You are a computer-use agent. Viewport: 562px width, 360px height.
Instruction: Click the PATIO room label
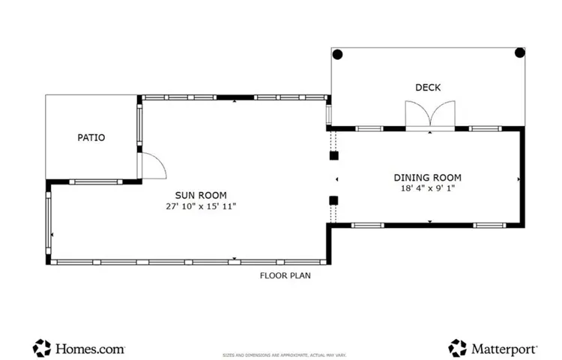91,138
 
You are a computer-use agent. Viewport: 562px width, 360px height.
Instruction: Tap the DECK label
428,88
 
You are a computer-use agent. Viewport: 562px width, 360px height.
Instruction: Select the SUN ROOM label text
201,196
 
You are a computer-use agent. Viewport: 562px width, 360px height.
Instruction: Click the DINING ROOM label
428,178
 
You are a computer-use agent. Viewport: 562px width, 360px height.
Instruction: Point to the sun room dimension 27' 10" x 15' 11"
201,206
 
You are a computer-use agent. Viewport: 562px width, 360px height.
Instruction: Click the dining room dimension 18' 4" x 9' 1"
428,188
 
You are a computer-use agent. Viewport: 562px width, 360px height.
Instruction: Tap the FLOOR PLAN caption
285,275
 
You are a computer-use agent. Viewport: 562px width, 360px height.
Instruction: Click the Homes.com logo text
90,349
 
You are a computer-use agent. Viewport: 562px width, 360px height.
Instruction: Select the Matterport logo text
504,349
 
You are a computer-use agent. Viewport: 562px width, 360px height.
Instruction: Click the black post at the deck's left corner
338,55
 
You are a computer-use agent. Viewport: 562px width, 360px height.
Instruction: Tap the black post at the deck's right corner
520,53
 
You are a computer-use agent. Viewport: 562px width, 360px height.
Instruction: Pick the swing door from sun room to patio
151,166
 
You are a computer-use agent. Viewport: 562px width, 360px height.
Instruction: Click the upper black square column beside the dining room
334,156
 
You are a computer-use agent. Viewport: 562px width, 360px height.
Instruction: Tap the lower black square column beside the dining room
334,200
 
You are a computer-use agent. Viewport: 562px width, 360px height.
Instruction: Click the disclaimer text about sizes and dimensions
284,355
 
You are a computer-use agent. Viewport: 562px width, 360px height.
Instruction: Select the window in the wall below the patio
96,182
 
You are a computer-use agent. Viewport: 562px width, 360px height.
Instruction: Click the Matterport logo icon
458,348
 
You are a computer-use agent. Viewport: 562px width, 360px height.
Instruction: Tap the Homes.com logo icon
42,348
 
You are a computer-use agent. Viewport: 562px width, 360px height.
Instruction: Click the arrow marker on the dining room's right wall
519,179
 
